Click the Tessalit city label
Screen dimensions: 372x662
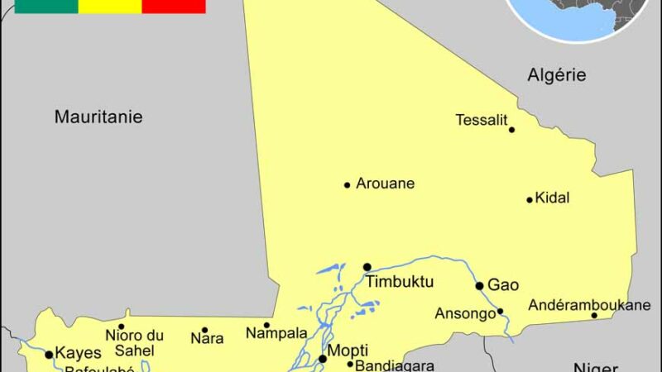pos(481,120)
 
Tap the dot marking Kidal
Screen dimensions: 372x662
pos(530,199)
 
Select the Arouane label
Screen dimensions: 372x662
pos(385,184)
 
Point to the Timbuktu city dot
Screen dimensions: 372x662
pos(367,267)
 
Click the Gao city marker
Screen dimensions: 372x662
pos(479,286)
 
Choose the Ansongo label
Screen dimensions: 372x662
pos(463,313)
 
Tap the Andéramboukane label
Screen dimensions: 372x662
pos(589,305)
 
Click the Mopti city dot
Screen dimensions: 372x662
pos(323,359)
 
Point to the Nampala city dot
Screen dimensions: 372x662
pos(266,325)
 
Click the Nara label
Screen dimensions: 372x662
pos(207,338)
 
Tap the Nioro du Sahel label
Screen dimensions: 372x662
pos(134,341)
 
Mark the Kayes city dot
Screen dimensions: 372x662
pos(49,355)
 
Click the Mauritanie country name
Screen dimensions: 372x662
pos(98,117)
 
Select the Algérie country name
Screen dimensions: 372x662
pos(557,75)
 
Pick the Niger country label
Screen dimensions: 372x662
pos(596,366)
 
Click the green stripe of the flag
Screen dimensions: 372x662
pos(46,6)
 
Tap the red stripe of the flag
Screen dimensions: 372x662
pos(174,6)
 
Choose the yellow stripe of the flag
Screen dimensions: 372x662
pos(110,6)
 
